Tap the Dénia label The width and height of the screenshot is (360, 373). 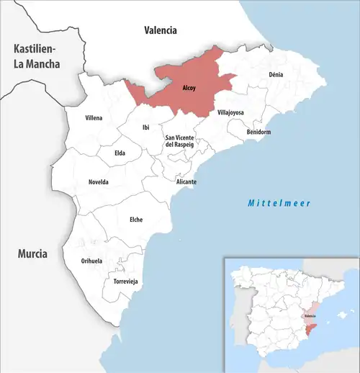(276, 75)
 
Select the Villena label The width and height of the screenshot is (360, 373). (94, 117)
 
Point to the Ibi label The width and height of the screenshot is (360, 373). (146, 127)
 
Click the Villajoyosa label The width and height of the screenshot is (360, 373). (231, 113)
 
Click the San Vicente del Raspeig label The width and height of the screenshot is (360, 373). (181, 141)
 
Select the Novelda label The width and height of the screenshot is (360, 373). (98, 182)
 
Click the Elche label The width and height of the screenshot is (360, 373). (135, 219)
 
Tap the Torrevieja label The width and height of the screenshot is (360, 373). (125, 281)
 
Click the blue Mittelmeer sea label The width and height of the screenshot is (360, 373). (279, 203)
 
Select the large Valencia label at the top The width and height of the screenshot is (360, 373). (160, 31)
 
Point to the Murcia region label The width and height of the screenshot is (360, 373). (32, 254)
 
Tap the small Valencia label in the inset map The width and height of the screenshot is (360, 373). (310, 316)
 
